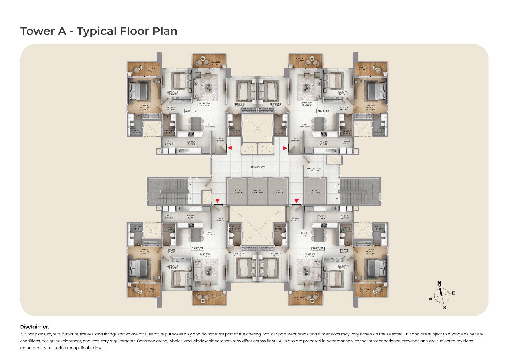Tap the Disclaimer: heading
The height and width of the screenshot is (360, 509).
[x=35, y=327]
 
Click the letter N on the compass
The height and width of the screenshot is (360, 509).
[x=439, y=283]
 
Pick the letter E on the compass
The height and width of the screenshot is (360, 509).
[x=453, y=293]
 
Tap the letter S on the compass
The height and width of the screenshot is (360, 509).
[x=445, y=308]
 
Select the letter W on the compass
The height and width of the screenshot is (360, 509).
[x=430, y=299]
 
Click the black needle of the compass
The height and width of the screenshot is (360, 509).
[x=441, y=292]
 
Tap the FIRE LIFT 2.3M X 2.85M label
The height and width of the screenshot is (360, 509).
[x=315, y=191]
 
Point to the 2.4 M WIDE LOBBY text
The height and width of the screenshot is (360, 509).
[x=257, y=167]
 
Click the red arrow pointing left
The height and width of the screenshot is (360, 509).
[x=230, y=148]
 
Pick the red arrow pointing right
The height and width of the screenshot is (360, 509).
[x=285, y=148]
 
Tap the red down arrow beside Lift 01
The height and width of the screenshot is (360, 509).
[x=218, y=201]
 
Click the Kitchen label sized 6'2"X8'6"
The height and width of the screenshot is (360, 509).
[x=321, y=217]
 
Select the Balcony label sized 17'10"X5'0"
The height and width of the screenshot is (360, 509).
[x=150, y=70]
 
